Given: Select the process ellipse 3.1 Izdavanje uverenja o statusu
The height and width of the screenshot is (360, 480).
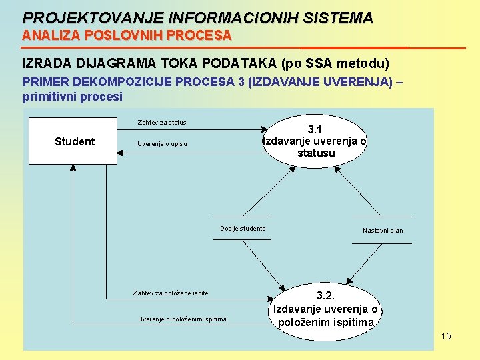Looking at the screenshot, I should [x=315, y=141].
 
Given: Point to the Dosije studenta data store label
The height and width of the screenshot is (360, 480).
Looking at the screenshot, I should [x=243, y=229].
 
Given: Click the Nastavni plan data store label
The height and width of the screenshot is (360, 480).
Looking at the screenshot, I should [x=383, y=231].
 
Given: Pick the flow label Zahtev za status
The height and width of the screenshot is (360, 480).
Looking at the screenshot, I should [x=162, y=123].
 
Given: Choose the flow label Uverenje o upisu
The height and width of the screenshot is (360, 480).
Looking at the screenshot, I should [x=162, y=144].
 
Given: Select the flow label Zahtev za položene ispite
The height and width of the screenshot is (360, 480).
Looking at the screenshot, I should [x=171, y=293].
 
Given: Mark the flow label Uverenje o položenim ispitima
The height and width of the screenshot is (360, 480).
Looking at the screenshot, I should [x=182, y=319].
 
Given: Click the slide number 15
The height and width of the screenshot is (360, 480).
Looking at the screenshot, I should [x=446, y=336].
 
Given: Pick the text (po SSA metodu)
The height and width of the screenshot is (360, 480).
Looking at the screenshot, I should [x=336, y=64].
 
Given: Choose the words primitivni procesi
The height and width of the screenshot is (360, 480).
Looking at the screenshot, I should [x=73, y=97].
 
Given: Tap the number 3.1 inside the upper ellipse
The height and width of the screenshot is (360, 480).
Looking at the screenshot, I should [x=315, y=129].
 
